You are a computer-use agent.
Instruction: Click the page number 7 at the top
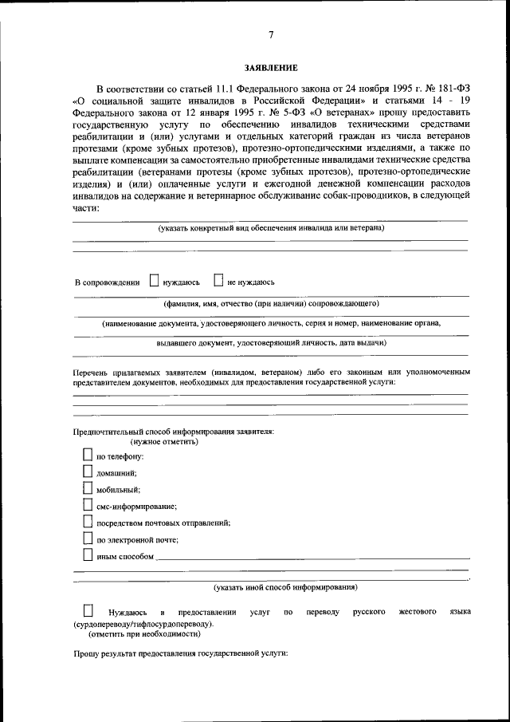coord(271,34)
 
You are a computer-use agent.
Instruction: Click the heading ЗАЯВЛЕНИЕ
coord(271,69)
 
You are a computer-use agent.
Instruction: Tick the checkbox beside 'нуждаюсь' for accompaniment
coord(155,281)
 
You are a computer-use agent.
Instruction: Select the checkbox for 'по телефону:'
coord(88,456)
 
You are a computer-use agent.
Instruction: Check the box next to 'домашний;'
coord(88,472)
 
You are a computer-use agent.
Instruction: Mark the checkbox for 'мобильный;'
coord(88,489)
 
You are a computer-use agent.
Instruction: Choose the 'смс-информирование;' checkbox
coord(88,506)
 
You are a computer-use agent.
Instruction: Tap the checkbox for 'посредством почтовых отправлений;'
coord(88,523)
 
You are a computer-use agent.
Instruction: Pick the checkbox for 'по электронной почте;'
coord(88,539)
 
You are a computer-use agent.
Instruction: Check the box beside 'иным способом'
coord(88,556)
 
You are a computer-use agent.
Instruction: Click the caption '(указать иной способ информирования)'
coord(284,588)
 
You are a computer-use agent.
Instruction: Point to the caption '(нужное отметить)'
coord(164,441)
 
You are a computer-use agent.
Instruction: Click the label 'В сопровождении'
coord(107,282)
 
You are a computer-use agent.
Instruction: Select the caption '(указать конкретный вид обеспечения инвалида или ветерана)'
coord(271,228)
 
